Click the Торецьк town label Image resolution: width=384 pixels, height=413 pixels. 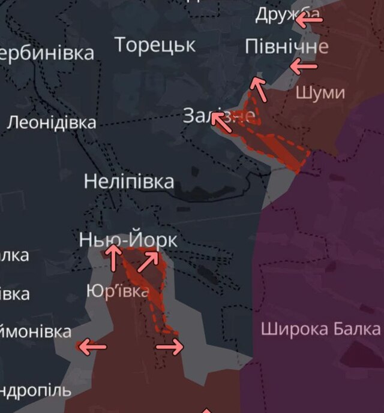155,45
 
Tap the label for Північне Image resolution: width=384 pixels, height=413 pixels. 287,47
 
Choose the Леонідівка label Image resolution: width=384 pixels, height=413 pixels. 52,123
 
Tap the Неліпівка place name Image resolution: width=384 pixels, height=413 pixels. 129,181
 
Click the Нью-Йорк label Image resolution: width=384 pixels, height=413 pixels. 128,240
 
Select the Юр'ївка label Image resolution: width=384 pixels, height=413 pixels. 117,292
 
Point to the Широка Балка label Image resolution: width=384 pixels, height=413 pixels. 320,328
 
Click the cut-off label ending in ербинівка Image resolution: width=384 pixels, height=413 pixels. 47,53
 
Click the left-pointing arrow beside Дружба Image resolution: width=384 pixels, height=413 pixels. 309,20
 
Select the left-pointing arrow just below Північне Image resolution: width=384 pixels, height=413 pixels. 304,66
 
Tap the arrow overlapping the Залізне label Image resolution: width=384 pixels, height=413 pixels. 221,122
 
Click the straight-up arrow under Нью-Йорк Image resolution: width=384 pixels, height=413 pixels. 113,257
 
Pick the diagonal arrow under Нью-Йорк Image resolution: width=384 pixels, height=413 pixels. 148,261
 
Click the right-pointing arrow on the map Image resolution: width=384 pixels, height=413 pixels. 169,346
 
